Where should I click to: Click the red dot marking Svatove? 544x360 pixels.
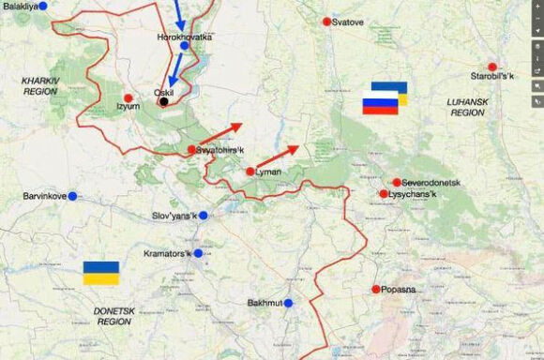(326, 22)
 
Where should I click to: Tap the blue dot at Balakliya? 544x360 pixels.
(55, 6)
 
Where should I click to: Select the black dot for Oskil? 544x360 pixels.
(164, 101)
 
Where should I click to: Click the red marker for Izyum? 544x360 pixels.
(128, 97)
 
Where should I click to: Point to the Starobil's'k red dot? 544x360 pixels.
(491, 67)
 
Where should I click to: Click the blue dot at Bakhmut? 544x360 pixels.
(289, 303)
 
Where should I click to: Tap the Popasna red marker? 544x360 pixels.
(376, 289)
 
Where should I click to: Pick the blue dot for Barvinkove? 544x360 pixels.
(72, 196)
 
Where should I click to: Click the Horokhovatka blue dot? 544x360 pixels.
(184, 45)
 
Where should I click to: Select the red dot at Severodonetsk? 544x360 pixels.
(397, 182)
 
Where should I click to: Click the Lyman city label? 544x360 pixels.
(268, 172)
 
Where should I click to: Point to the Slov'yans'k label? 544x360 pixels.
(174, 216)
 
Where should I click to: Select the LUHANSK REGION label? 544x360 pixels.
(467, 106)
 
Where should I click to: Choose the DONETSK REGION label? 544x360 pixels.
(114, 315)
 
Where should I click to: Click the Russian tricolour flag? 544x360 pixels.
(381, 105)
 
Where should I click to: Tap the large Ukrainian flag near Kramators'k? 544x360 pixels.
(101, 273)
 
